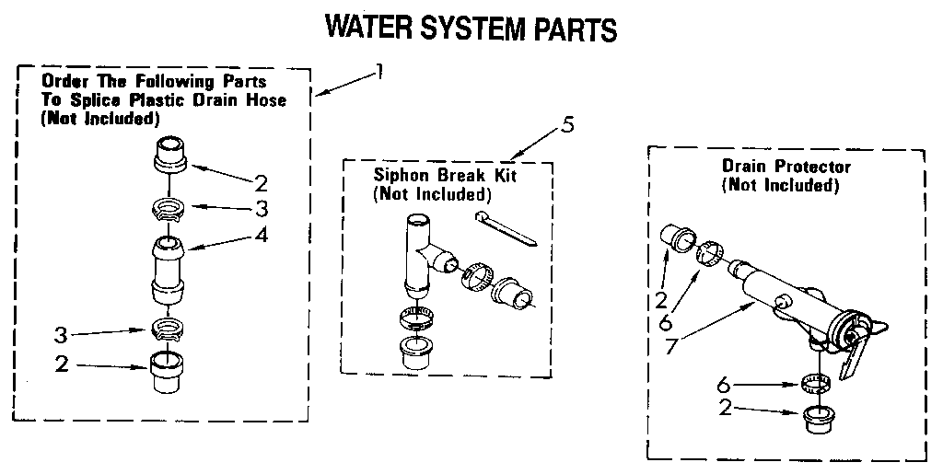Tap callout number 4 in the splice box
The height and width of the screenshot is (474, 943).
[x=262, y=235]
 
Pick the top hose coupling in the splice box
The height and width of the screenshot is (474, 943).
[x=170, y=153]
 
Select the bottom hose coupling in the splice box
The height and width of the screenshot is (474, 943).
[x=168, y=373]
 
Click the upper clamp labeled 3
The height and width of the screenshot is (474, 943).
[x=169, y=208]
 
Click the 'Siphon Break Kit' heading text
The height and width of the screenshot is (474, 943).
[x=431, y=175]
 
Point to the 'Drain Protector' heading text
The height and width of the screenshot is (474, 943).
[x=786, y=167]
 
